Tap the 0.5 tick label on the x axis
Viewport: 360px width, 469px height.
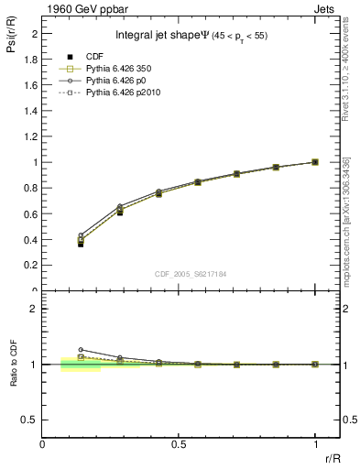(x=179, y=444)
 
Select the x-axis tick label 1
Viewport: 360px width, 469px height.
(x=315, y=444)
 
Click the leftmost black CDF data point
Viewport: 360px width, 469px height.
(x=81, y=244)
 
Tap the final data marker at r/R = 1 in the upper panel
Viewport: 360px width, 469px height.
(x=315, y=162)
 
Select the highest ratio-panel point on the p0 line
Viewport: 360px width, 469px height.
(x=81, y=349)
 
